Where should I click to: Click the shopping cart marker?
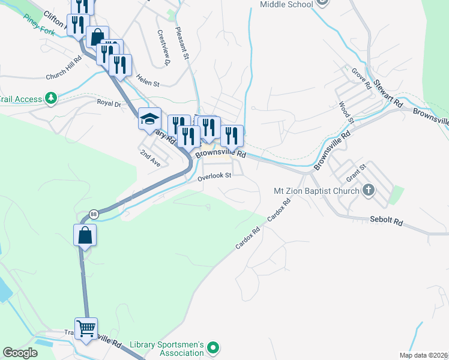(86, 328)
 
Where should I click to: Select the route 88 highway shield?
(94, 214)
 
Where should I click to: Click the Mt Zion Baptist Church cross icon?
(369, 191)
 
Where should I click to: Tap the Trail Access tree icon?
(52, 98)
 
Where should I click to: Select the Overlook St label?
(215, 176)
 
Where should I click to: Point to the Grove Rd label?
(361, 78)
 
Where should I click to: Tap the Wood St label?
(346, 112)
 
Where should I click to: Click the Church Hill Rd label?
(63, 76)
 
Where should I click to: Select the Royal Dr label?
(109, 103)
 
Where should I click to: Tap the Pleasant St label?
(182, 43)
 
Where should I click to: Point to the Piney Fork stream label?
(41, 24)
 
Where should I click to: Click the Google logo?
(20, 352)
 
